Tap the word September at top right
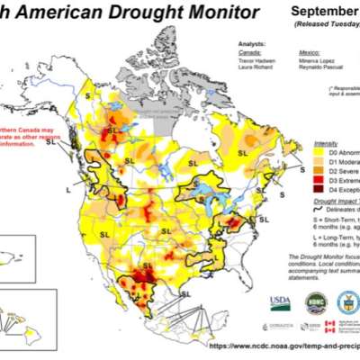pos(326,12)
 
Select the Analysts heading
pos(253,42)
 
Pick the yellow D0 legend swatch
pos(321,152)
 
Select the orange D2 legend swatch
pos(321,170)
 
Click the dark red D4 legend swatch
pos(321,188)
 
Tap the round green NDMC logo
pos(313,301)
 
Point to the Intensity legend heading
pos(327,143)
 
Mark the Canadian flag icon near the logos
pos(328,323)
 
